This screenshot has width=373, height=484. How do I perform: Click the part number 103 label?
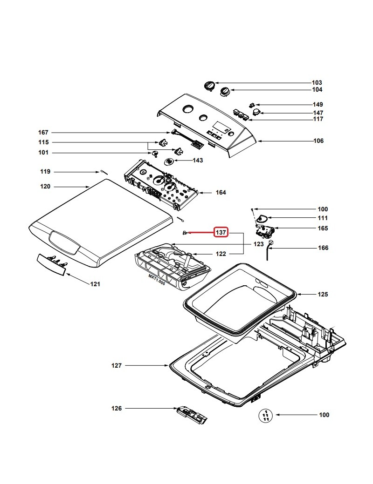(x=317, y=82)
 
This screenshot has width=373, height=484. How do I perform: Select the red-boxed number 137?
(x=221, y=232)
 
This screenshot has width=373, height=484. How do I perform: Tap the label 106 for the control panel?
(x=318, y=141)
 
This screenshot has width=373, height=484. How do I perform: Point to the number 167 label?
(x=43, y=133)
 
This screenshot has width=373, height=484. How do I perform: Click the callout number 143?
(x=198, y=160)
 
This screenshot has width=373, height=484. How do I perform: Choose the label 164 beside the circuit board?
(x=220, y=192)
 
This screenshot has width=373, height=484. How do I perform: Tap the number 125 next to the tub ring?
(x=322, y=294)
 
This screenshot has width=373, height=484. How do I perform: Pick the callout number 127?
(x=116, y=366)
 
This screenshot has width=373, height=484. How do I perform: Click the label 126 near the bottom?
(x=116, y=408)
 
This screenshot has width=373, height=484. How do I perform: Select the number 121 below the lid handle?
(x=95, y=284)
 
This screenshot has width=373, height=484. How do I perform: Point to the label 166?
(x=323, y=248)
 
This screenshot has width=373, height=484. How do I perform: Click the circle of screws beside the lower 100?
(x=265, y=415)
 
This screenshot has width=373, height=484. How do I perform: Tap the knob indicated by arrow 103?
(x=209, y=86)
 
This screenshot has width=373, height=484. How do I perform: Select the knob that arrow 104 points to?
(x=225, y=92)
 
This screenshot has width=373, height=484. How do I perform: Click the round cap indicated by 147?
(x=256, y=112)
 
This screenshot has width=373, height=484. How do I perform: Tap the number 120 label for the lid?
(x=45, y=186)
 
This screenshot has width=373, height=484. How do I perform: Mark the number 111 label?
(x=323, y=218)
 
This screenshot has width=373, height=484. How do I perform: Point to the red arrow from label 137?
(x=201, y=232)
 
